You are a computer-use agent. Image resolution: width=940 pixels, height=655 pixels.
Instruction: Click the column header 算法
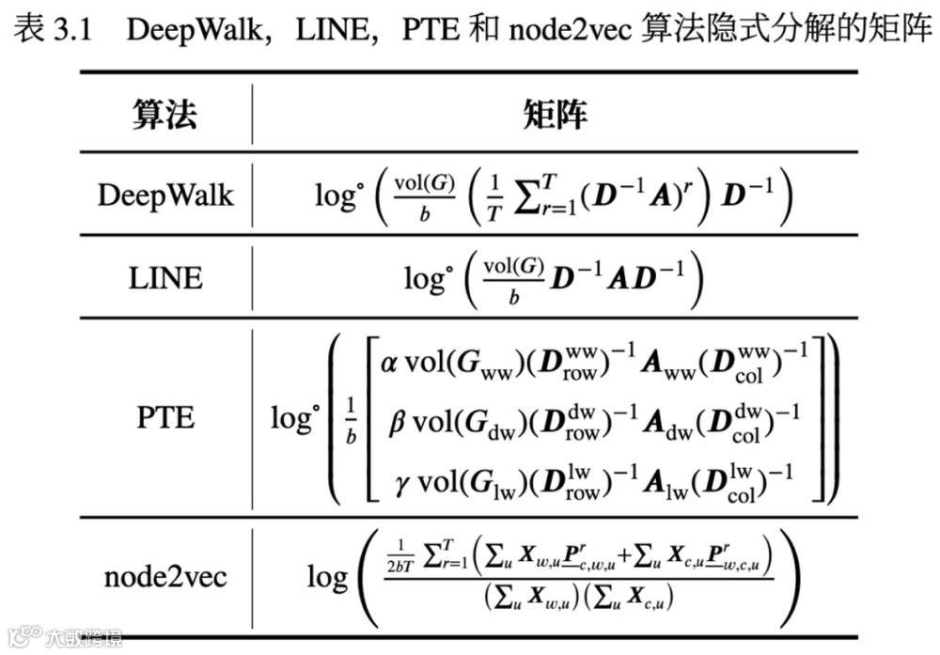[164, 116]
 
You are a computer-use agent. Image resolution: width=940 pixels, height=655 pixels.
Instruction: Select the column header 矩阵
[555, 116]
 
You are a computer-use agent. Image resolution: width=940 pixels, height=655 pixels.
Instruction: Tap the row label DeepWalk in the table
[165, 195]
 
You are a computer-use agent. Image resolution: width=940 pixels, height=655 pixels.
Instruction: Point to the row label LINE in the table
[165, 278]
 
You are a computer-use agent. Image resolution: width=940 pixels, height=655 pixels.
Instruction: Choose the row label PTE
[165, 416]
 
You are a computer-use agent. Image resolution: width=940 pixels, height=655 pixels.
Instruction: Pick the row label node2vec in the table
[165, 576]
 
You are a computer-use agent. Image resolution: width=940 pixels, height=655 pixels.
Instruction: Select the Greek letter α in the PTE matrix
[388, 363]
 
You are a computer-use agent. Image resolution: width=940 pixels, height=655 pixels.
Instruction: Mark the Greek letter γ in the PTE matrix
[404, 484]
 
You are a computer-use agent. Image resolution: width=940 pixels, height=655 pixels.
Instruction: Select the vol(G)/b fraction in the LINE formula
[513, 278]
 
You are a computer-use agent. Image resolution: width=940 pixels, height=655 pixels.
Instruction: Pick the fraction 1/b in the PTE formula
[351, 418]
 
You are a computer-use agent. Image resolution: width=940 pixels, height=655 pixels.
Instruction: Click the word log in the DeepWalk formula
[337, 195]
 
